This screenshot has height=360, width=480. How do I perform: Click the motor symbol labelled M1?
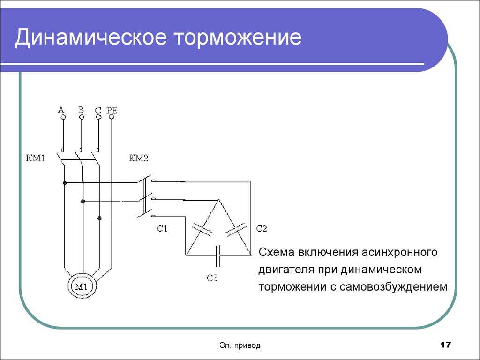82,286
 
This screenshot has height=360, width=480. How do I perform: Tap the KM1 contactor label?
35,158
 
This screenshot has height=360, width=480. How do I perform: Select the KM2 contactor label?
138,158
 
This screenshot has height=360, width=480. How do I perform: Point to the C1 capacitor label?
162,229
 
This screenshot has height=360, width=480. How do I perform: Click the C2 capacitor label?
262,229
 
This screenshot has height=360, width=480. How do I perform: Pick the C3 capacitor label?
212,278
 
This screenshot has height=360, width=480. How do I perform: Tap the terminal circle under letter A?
63,117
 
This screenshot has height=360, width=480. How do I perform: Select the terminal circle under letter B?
82,117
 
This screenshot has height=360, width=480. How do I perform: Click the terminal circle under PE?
112,117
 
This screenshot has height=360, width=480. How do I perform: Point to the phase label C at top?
98,110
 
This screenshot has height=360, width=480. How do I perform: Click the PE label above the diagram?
112,110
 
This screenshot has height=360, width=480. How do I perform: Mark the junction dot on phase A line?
65,183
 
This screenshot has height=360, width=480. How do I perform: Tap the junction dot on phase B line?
82,201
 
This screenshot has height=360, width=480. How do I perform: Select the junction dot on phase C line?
99,218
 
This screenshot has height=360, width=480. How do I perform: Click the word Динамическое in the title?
91,37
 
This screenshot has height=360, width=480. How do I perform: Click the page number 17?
446,345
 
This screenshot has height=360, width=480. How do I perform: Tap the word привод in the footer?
247,345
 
